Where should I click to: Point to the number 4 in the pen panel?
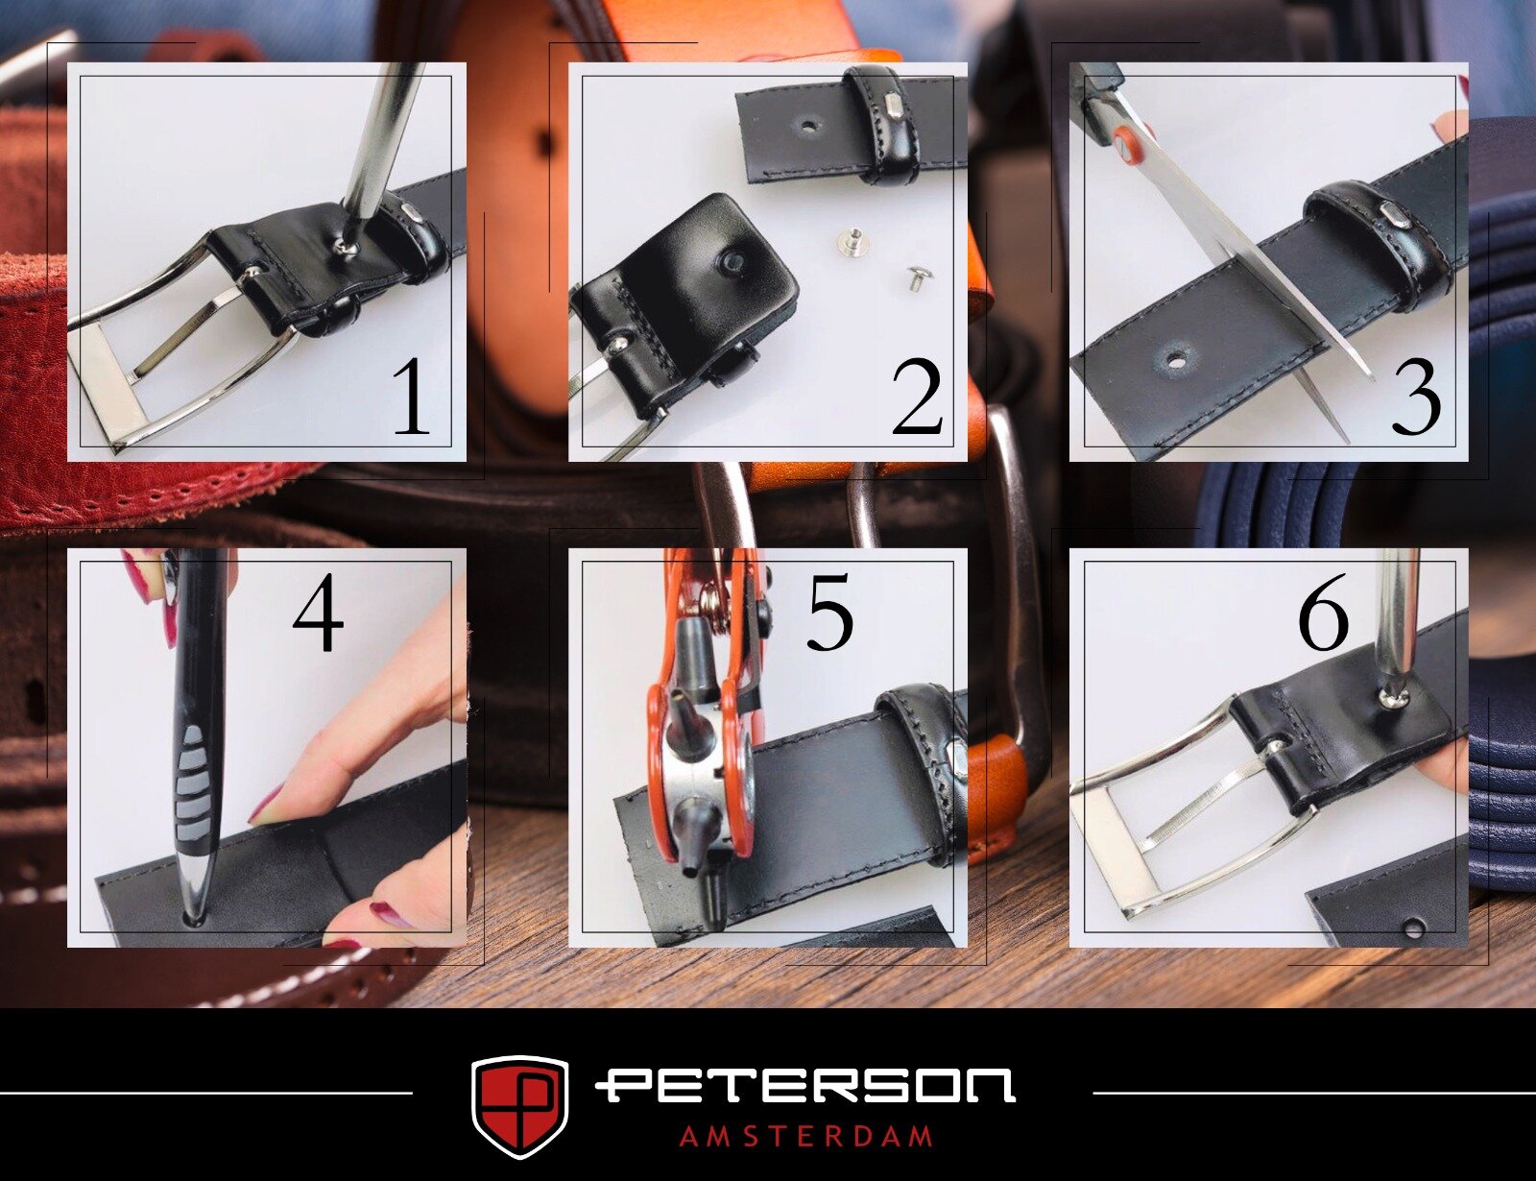[x=318, y=612]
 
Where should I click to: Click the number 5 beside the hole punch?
[x=829, y=612]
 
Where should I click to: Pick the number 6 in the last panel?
[x=1323, y=612]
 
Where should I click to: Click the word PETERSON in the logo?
[x=805, y=1086]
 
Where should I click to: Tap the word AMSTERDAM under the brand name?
[x=805, y=1137]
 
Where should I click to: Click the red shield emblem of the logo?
[x=520, y=1106]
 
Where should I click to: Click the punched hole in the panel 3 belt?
[x=1175, y=360]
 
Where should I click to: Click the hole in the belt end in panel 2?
[x=806, y=127]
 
